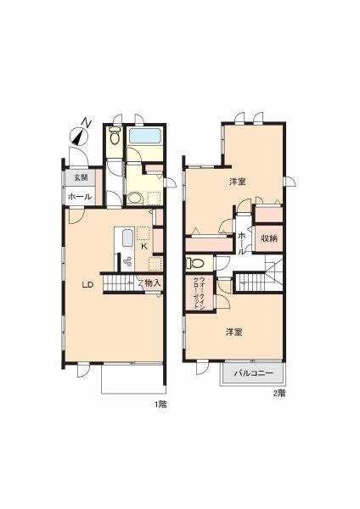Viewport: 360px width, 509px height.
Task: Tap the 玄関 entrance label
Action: click(81, 177)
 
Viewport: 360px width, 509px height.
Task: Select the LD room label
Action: click(87, 285)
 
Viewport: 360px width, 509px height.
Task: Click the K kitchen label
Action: click(144, 246)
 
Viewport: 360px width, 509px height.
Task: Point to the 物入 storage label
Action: click(153, 283)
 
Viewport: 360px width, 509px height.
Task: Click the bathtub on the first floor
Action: click(145, 136)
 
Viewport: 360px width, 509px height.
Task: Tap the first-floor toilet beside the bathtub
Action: click(115, 136)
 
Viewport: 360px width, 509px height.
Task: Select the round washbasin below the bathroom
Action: click(133, 198)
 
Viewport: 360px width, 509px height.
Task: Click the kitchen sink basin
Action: click(127, 238)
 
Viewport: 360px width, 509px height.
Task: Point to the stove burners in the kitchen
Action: click(128, 261)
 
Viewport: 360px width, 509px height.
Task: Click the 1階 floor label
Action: click(160, 405)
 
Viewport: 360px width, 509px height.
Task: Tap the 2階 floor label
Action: click(279, 394)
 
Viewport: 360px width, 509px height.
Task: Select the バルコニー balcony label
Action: click(254, 373)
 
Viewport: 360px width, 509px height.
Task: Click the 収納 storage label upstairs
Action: click(269, 238)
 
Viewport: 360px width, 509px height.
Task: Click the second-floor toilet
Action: click(195, 263)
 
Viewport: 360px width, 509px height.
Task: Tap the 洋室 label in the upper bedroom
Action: click(238, 182)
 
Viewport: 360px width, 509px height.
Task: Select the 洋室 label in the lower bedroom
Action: click(234, 332)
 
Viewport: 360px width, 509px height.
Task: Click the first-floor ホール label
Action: click(80, 197)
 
